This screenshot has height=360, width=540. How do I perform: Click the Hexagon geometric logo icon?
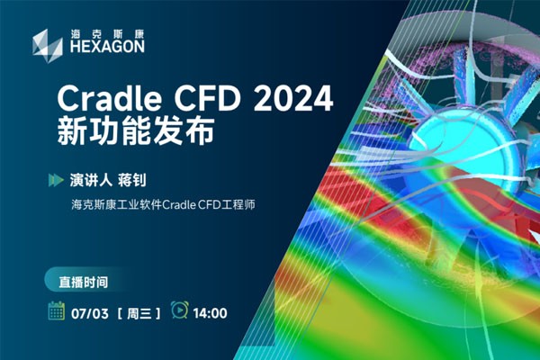pyautogui.click(x=48, y=46)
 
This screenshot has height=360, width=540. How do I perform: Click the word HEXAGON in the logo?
pyautogui.click(x=107, y=47)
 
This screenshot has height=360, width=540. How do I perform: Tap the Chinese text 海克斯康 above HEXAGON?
pyautogui.click(x=107, y=34)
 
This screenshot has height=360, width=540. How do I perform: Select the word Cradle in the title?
pyautogui.click(x=109, y=98)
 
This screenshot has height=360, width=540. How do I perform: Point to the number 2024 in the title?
pyautogui.click(x=293, y=98)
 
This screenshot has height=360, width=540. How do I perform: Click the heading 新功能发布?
pyautogui.click(x=136, y=131)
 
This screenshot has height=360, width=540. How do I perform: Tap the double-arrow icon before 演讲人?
pyautogui.click(x=56, y=180)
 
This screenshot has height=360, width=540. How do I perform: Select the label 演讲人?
pyautogui.click(x=91, y=180)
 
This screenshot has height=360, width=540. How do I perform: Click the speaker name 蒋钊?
pyautogui.click(x=132, y=180)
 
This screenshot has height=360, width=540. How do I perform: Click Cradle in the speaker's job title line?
pyautogui.click(x=179, y=204)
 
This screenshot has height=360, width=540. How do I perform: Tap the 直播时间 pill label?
pyautogui.click(x=84, y=282)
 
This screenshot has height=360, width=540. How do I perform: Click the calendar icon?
pyautogui.click(x=57, y=310)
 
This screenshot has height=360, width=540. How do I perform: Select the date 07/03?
pyautogui.click(x=90, y=313)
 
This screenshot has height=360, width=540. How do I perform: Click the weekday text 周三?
pyautogui.click(x=139, y=313)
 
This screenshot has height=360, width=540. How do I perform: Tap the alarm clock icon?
pyautogui.click(x=180, y=310)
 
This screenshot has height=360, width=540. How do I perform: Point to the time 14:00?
pyautogui.click(x=210, y=313)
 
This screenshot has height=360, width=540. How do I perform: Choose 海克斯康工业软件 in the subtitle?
pyautogui.click(x=116, y=204)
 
